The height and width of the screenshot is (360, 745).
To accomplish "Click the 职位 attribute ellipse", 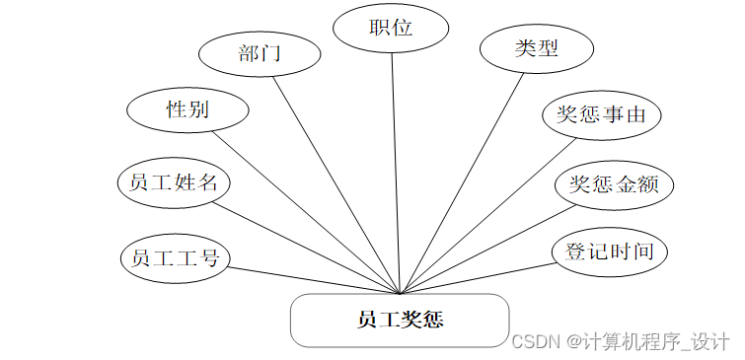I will click(391, 28).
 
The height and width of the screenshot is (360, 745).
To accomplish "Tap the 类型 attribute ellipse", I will click(536, 48).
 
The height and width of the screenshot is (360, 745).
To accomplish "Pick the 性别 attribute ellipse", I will click(187, 109).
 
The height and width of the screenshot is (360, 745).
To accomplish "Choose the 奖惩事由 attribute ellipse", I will click(601, 115).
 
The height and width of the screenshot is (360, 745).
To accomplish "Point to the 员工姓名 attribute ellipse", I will click(174, 182).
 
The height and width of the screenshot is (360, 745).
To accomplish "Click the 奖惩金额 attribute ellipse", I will click(613, 183).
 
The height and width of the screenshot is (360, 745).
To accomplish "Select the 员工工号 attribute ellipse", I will click(175, 257).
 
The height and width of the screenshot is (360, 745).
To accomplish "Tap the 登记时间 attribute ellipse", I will click(608, 251).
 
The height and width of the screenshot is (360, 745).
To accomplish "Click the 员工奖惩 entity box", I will click(400, 320).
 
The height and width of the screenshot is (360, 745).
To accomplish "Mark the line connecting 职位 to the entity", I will click(396, 173).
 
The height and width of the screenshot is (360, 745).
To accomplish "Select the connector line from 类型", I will click(464, 181).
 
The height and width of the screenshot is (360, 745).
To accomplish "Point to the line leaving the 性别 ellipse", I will click(306, 212).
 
